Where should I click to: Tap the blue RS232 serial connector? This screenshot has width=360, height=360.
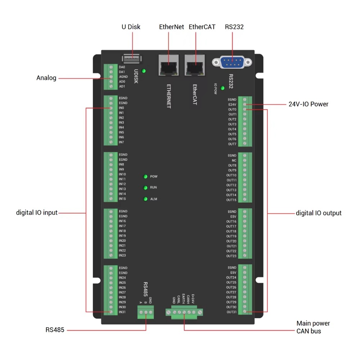click(x=232, y=62)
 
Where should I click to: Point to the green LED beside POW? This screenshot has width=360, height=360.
click(x=145, y=176)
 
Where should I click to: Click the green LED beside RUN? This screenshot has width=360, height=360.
click(x=145, y=188)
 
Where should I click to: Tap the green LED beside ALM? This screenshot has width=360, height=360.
click(x=145, y=199)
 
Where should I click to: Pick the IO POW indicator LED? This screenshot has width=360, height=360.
click(x=222, y=88)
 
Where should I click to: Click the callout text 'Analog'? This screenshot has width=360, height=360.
click(x=46, y=78)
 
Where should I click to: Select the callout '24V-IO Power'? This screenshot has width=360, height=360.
click(x=309, y=104)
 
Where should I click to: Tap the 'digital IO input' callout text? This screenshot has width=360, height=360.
click(x=37, y=212)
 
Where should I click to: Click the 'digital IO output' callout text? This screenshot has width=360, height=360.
click(x=319, y=213)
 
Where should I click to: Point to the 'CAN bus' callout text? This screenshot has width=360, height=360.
click(x=309, y=331)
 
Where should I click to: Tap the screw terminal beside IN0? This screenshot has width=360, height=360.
click(x=111, y=108)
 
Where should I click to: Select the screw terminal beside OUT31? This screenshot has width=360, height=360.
click(x=245, y=312)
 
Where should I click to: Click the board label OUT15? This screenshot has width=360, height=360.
click(x=231, y=200)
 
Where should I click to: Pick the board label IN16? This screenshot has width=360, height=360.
click(x=122, y=221)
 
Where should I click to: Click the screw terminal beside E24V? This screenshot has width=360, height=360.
click(x=245, y=104)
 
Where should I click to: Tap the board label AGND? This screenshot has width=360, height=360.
click(x=123, y=77)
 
